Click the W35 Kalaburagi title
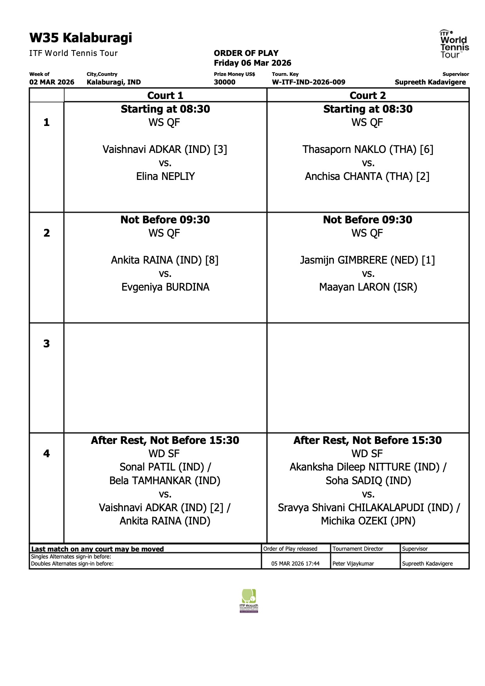pos(81,38)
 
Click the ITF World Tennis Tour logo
pos(454,44)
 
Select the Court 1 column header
pos(165,95)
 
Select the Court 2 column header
pos(368,95)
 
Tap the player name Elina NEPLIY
pos(165,176)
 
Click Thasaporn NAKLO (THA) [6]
pos(368,149)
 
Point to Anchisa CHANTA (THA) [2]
pos(367,176)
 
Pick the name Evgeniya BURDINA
pos(165,287)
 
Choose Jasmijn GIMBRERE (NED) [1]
pos(367,260)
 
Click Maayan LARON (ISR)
pos(368,287)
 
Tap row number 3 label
pos(47,344)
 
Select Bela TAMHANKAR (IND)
pos(165,481)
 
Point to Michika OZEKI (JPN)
pos(368,521)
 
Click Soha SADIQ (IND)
pos(368,481)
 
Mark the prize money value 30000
pos(225,82)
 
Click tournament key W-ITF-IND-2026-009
pos(308,82)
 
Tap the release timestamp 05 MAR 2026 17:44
pos(295,564)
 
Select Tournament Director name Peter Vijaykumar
pos(353,564)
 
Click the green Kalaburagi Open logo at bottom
pos(249,601)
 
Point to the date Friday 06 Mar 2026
pos(252,63)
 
